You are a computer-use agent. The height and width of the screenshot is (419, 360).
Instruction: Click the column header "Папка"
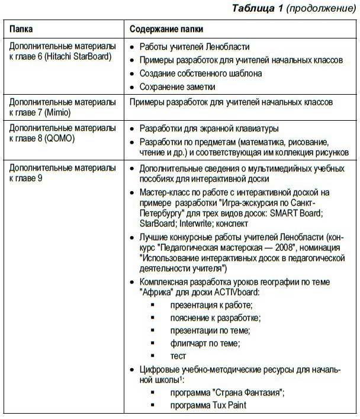pyautogui.click(x=21, y=28)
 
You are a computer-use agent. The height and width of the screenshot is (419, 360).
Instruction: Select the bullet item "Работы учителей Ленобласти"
pyautogui.click(x=194, y=47)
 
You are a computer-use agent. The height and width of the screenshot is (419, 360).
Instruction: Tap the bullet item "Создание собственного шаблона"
pyautogui.click(x=200, y=73)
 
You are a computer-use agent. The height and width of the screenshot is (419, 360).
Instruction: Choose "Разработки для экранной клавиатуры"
pyautogui.click(x=208, y=128)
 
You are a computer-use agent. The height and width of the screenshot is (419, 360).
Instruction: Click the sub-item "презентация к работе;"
pyautogui.click(x=211, y=305)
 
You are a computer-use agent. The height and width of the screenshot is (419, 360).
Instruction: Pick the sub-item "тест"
pyautogui.click(x=178, y=356)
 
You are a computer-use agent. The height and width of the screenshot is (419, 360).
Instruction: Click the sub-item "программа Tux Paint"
pyautogui.click(x=207, y=405)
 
